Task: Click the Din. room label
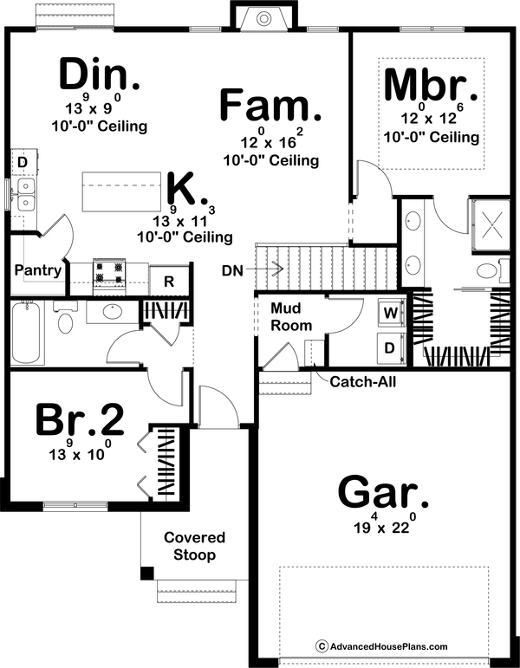[100, 76]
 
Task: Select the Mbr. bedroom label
[431, 85]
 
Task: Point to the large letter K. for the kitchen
[182, 187]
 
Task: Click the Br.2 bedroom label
[80, 422]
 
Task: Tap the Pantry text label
[37, 270]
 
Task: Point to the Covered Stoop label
[194, 546]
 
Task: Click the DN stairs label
[231, 270]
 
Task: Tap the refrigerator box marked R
[169, 281]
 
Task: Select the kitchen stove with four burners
[110, 272]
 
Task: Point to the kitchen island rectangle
[122, 189]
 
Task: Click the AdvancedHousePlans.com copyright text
[380, 646]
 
